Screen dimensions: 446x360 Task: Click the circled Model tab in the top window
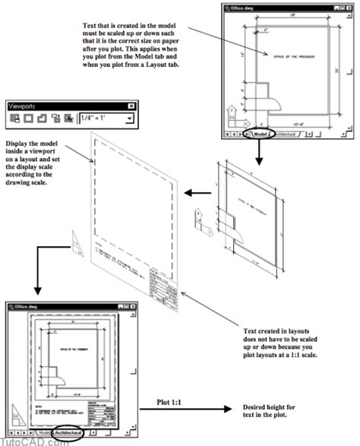[x=261, y=133]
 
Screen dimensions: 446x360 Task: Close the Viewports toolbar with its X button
[x=131, y=106]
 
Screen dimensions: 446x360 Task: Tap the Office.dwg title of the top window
[x=246, y=8]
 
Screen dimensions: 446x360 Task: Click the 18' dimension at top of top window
[x=291, y=17]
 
